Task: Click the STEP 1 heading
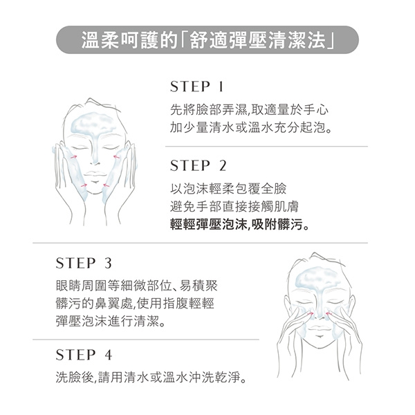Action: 197,86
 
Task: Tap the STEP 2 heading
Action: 199,166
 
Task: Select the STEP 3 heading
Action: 84,263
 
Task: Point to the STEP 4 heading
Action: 84,355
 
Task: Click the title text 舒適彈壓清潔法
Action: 257,40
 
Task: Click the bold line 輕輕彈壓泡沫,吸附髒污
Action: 239,225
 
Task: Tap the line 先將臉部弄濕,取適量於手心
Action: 249,110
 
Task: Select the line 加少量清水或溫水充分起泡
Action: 250,128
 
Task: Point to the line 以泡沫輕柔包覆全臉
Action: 228,188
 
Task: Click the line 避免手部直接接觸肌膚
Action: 234,206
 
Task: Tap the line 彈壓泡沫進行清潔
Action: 110,322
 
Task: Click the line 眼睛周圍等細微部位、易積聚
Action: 136,285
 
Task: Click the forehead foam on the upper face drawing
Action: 93,122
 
